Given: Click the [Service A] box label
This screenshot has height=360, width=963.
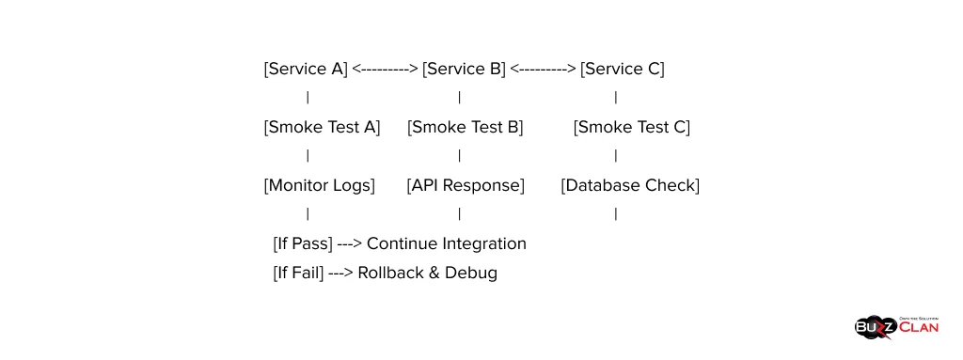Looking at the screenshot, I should tap(306, 69).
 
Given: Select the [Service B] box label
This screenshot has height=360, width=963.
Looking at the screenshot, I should tap(464, 69).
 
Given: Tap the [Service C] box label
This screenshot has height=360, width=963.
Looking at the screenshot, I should tap(622, 69).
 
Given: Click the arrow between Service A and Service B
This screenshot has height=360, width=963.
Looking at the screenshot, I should tap(385, 69).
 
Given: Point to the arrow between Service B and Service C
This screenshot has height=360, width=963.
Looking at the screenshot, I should tap(543, 69).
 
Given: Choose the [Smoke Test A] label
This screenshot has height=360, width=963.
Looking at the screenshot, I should tap(322, 127).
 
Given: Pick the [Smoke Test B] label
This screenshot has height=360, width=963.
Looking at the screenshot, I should tap(466, 127).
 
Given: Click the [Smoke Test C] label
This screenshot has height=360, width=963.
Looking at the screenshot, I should tap(631, 127).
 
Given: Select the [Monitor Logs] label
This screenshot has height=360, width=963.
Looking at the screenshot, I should tap(319, 185).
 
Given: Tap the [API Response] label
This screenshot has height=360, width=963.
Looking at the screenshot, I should tap(466, 185).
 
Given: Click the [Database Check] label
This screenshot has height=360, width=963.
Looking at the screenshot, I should tap(630, 185).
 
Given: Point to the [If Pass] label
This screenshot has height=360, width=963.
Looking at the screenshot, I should tap(302, 243).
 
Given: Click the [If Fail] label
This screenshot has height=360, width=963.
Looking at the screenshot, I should tap(298, 274).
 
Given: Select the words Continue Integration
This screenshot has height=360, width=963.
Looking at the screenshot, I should tap(447, 243).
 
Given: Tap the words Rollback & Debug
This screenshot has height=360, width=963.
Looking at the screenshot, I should tap(427, 274).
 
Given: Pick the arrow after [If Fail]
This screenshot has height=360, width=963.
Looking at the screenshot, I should tap(340, 274).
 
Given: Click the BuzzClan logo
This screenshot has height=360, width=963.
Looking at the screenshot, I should tap(896, 326).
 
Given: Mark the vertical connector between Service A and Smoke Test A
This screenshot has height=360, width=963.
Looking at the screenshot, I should tap(308, 98).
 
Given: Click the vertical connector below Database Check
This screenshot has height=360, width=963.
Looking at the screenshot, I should tap(616, 214).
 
